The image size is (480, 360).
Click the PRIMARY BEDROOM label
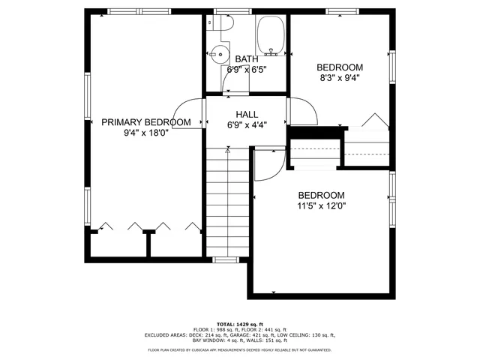point(145,122)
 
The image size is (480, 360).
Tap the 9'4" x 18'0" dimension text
point(145,133)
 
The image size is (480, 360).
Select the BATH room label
point(247,59)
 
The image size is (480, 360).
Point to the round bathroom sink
point(218,54)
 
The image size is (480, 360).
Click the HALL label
point(247,115)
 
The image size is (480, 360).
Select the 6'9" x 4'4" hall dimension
point(247,126)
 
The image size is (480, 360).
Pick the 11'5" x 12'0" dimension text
point(321,205)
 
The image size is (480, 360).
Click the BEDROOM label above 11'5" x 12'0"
point(321,194)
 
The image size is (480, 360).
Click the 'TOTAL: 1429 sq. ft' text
point(240,323)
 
